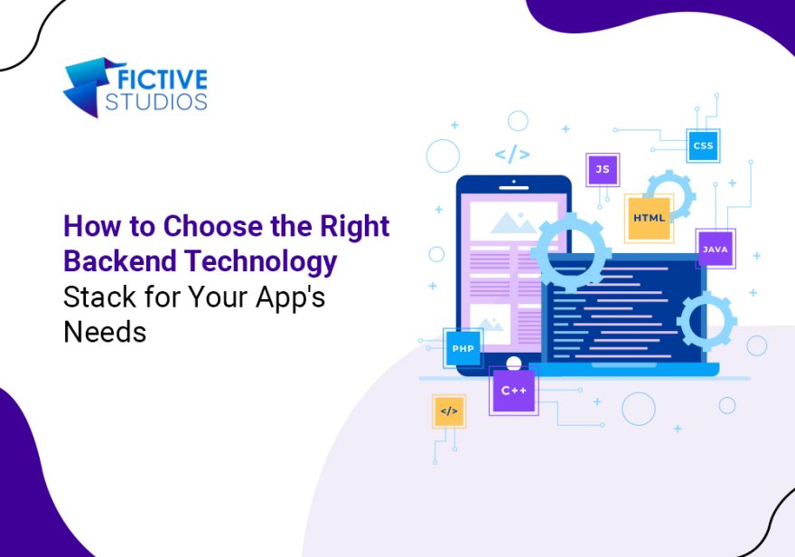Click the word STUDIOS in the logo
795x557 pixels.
point(156,101)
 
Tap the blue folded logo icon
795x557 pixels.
point(90,87)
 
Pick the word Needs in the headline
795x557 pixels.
point(105,332)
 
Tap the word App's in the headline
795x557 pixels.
point(290,298)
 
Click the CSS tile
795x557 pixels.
point(703,146)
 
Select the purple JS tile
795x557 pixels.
point(603,169)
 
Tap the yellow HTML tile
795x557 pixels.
point(649,218)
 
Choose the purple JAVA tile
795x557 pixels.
point(715,249)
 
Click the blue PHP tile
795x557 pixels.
point(463,348)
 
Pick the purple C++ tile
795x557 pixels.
point(514,391)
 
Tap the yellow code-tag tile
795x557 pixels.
point(449,411)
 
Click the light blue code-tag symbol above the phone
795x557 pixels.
point(512,154)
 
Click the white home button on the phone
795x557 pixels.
point(514,363)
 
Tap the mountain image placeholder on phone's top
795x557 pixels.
point(514,222)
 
